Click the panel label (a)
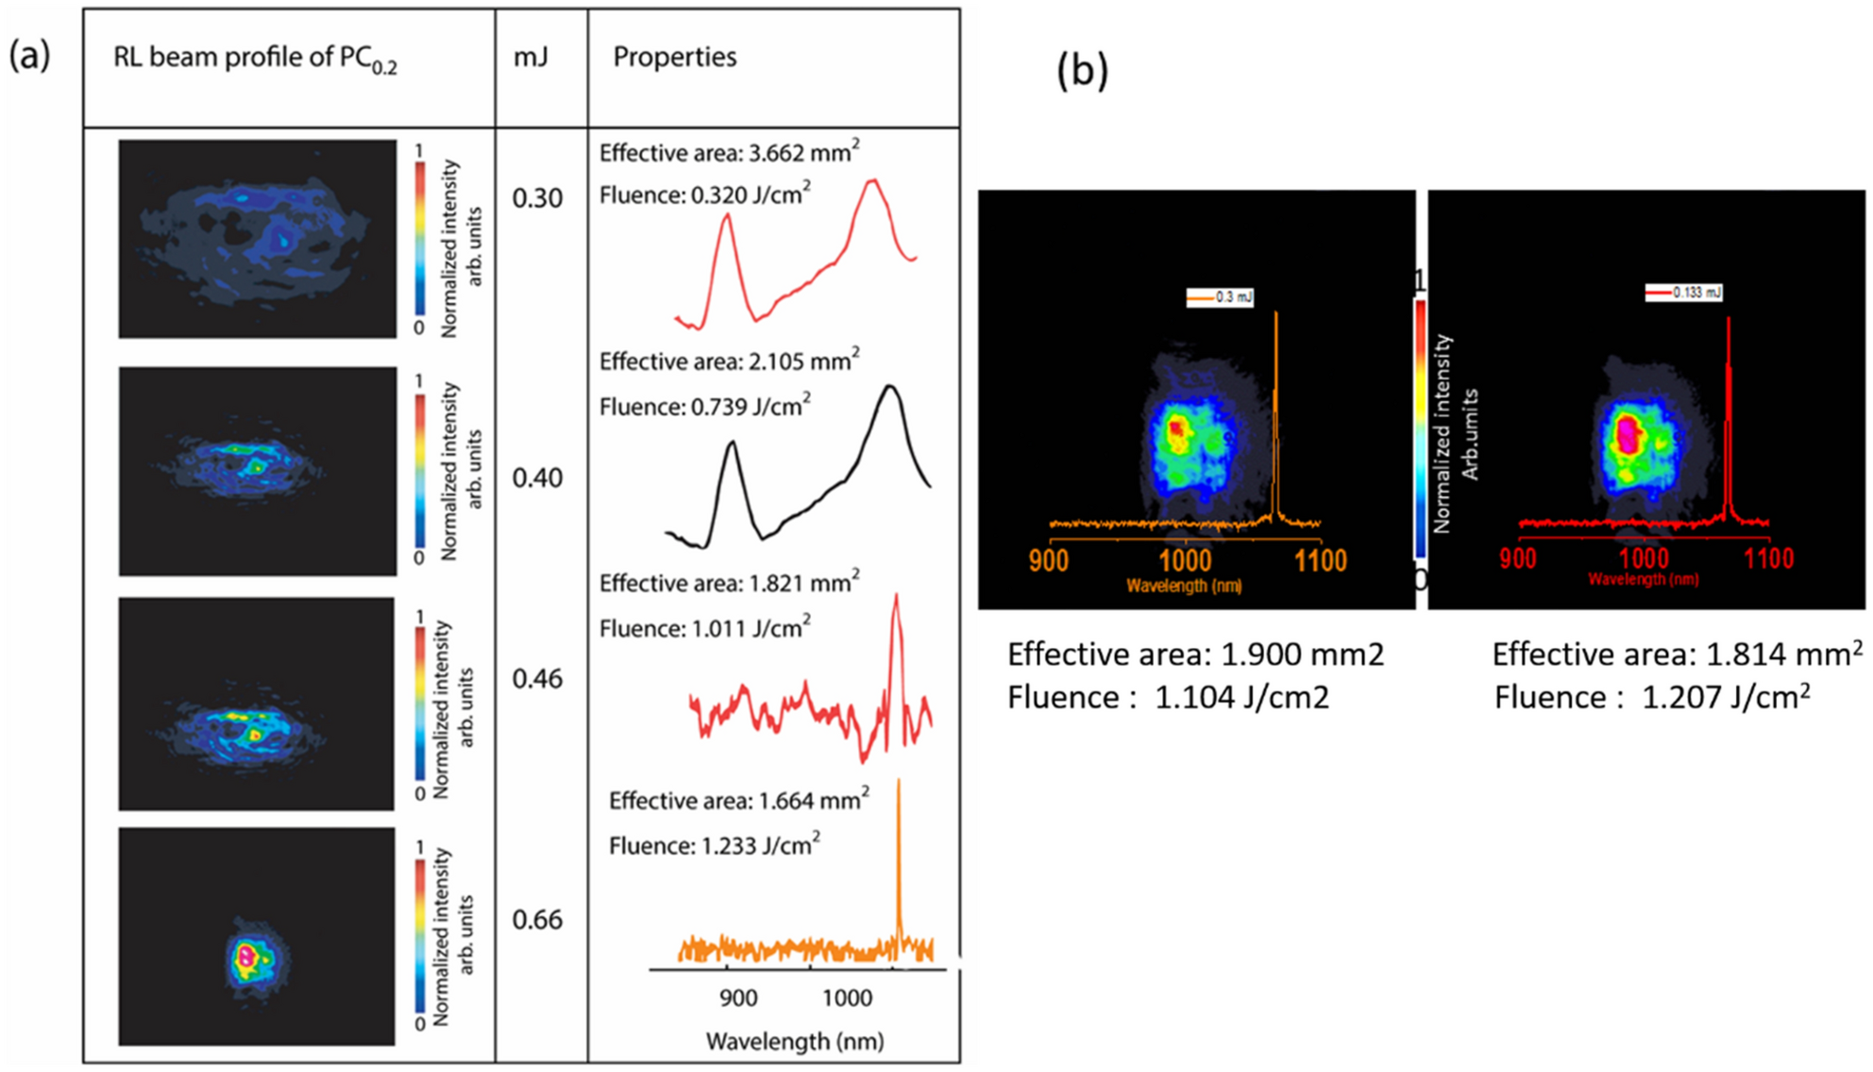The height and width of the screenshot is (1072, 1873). click(29, 57)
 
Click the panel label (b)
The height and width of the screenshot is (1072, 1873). click(1082, 71)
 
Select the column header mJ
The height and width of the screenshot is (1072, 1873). click(531, 58)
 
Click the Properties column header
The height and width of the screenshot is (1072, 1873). click(674, 58)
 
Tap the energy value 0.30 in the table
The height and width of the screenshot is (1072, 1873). click(537, 198)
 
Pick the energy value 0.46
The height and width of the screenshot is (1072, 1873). click(537, 679)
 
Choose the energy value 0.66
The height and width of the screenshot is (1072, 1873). click(537, 920)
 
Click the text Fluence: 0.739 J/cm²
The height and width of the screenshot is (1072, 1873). click(704, 406)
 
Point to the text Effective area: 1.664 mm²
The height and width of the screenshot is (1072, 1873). click(738, 801)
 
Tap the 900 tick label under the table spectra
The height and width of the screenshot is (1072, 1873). click(737, 998)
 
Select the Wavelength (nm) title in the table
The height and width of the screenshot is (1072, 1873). click(795, 1042)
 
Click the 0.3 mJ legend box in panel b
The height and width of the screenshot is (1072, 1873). click(1220, 298)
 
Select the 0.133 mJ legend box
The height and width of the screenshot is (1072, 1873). click(1683, 293)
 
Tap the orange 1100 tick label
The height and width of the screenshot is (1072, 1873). click(1320, 561)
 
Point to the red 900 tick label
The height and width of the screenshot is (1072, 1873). click(1517, 558)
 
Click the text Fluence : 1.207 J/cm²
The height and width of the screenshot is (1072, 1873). click(1652, 698)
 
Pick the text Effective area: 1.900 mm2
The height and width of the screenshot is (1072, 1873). click(1195, 655)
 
